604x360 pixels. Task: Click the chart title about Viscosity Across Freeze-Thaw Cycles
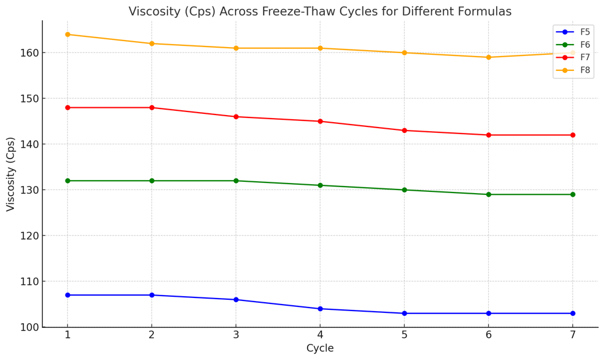(320, 11)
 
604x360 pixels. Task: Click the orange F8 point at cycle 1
(67, 35)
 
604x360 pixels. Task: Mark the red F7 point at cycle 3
(236, 117)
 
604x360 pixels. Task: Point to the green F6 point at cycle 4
(320, 185)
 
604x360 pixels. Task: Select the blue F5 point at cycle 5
(404, 314)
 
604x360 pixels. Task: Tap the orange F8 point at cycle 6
(488, 57)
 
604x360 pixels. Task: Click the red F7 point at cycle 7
(572, 135)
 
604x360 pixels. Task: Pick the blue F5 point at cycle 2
(151, 295)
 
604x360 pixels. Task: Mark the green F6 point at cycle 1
(67, 181)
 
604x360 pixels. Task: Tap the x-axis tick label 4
(320, 335)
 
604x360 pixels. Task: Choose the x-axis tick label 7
(572, 335)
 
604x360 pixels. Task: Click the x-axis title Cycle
(320, 349)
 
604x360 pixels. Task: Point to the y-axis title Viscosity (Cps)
(11, 174)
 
